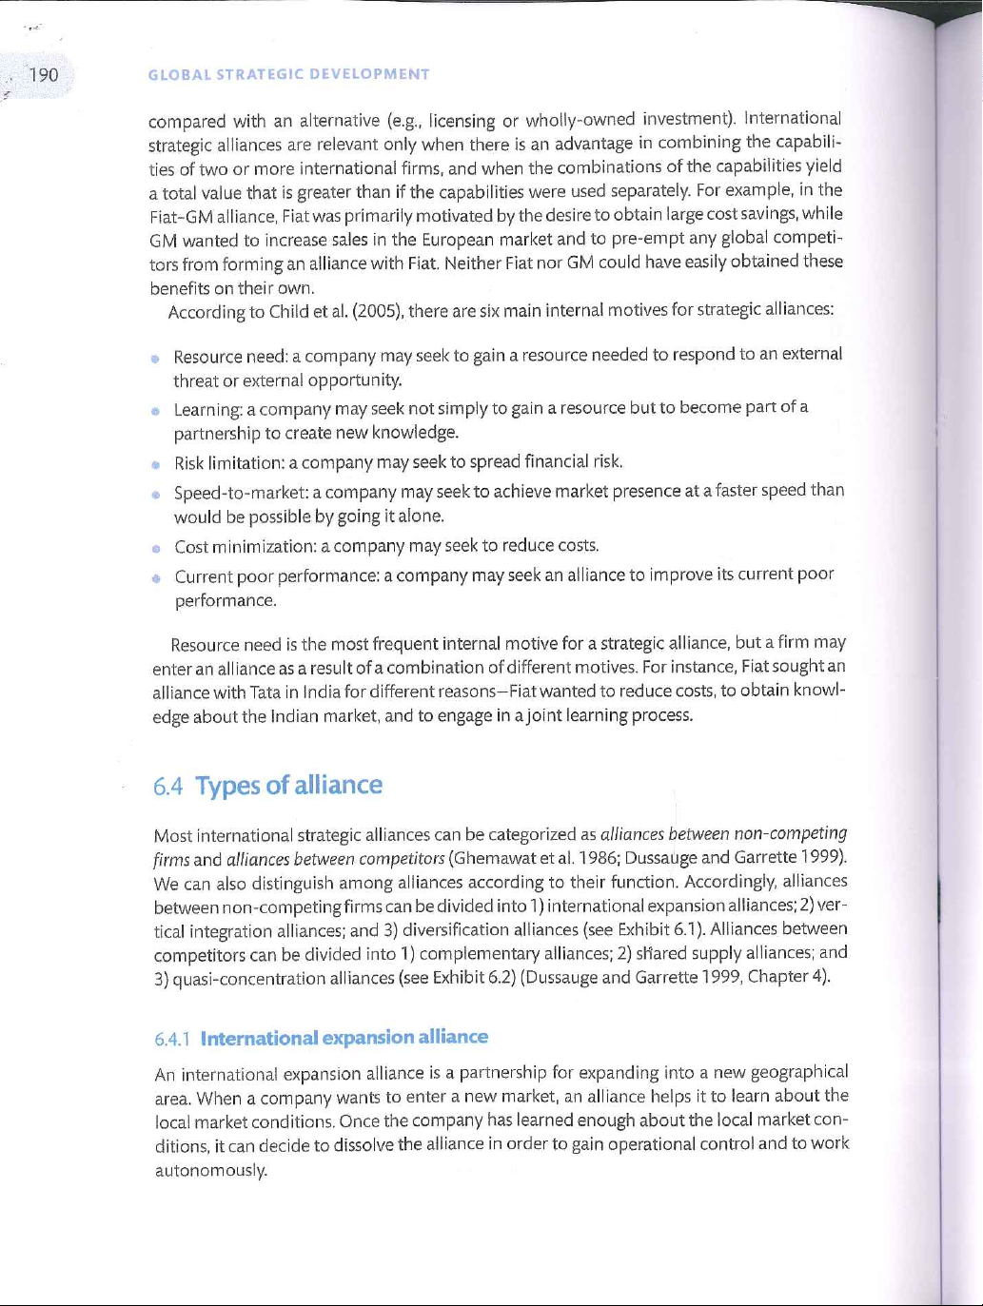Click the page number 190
tap(43, 75)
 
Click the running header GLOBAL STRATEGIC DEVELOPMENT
tap(288, 74)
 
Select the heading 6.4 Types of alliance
tap(267, 786)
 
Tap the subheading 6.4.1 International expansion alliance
tap(321, 1038)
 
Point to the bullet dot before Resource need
tap(154, 360)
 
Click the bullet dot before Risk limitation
tap(154, 466)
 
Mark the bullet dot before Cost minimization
tap(154, 549)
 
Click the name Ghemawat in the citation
tap(495, 858)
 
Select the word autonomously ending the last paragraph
tap(210, 1170)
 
